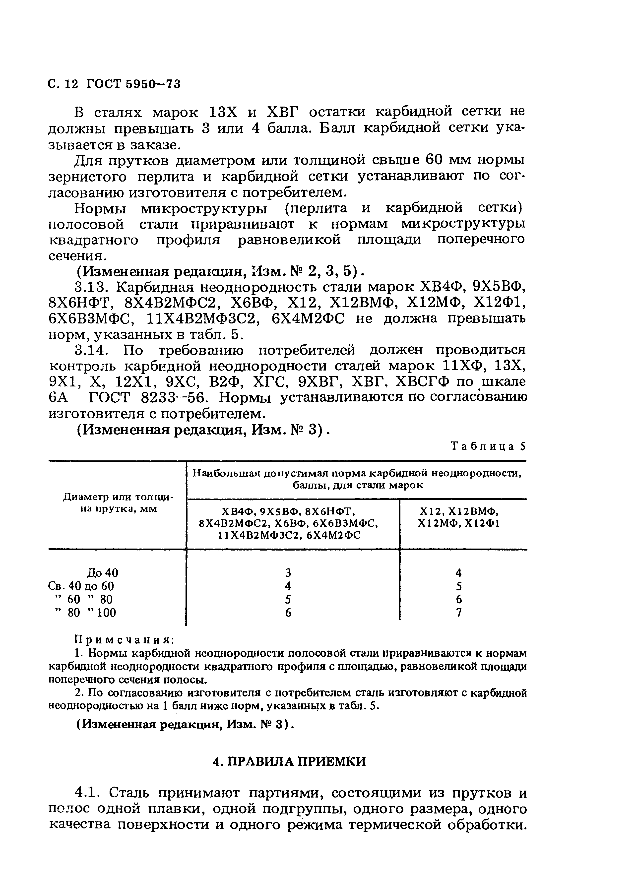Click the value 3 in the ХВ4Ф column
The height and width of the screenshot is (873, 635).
tap(288, 573)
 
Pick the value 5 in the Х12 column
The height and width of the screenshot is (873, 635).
tap(458, 586)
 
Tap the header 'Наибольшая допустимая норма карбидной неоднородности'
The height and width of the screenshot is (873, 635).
tap(357, 473)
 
